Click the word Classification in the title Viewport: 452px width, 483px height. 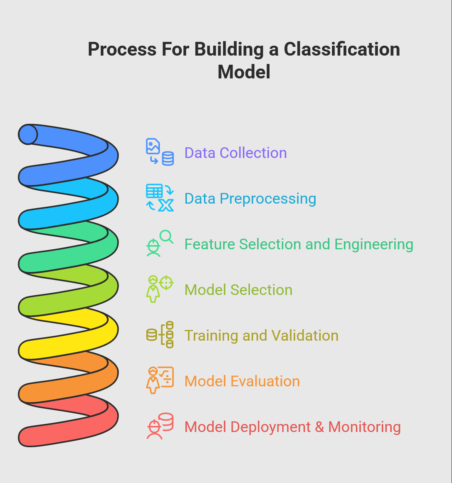(x=342, y=49)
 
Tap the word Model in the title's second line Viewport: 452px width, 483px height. (x=244, y=72)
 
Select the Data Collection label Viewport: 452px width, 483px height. (x=235, y=153)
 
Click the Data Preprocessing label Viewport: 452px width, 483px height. (x=250, y=199)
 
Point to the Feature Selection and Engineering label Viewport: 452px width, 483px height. (x=299, y=244)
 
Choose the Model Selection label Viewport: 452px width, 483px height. (x=238, y=290)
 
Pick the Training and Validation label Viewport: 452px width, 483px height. (x=261, y=336)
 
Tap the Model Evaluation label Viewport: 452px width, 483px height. (x=242, y=381)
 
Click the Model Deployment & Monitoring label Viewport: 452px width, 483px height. (x=292, y=427)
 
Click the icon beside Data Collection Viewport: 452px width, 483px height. (x=160, y=152)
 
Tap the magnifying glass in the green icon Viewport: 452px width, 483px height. (x=166, y=236)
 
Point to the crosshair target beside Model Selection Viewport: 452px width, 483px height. (x=166, y=283)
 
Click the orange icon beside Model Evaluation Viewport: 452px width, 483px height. (x=160, y=380)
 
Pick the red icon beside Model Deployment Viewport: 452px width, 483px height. (x=160, y=426)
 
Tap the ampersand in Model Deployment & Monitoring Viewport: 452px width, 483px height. (x=319, y=427)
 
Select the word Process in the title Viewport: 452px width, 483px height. (x=122, y=49)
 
